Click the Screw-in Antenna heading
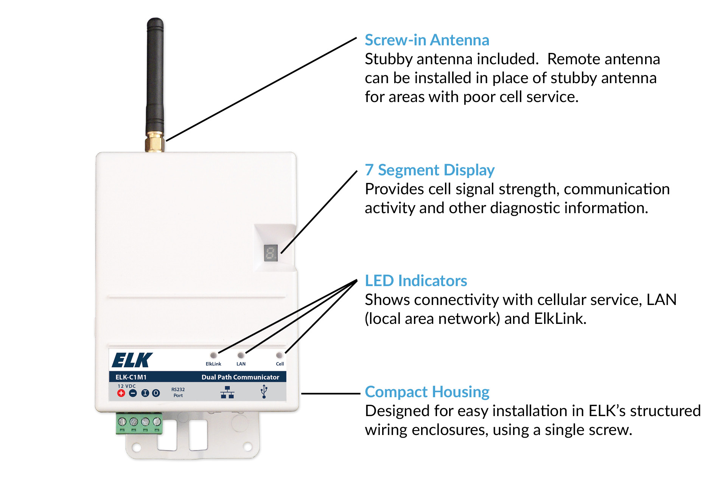tap(426, 40)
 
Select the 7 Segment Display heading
tap(429, 170)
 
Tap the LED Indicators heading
tap(415, 281)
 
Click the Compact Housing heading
tap(427, 392)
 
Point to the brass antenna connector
tap(154, 142)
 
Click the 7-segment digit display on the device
tap(271, 253)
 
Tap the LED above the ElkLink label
tap(213, 355)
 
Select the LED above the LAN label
tap(241, 355)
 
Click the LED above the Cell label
tap(279, 355)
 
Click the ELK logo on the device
tap(132, 360)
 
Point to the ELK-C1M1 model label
tap(131, 377)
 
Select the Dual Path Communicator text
tap(240, 377)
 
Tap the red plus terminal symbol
tap(121, 393)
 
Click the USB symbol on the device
tap(264, 392)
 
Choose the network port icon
tap(227, 392)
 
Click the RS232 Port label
tap(178, 392)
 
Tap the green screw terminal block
tap(139, 423)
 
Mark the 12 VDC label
tap(126, 386)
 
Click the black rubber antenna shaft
tap(155, 76)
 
